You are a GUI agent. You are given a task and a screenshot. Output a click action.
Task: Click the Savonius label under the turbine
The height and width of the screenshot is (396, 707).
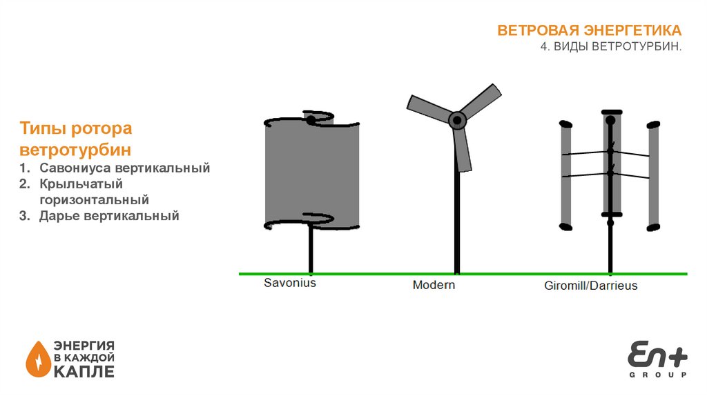pyautogui.click(x=290, y=283)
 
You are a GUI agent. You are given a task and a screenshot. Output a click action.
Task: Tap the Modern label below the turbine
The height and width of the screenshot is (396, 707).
pyautogui.click(x=434, y=284)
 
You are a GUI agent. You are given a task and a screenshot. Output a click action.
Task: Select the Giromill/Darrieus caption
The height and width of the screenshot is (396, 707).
pyautogui.click(x=590, y=285)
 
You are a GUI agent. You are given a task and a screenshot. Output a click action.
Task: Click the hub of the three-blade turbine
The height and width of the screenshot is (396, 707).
pyautogui.click(x=457, y=121)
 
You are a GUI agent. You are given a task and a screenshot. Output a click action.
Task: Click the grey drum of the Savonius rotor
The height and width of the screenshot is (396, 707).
pyautogui.click(x=312, y=172)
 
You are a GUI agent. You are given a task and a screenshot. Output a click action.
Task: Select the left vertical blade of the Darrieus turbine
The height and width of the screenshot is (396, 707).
pyautogui.click(x=566, y=175)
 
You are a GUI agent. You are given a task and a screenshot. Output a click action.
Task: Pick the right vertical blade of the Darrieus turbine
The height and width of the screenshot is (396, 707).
pyautogui.click(x=653, y=175)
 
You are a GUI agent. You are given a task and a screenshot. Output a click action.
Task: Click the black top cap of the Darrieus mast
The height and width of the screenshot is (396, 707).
pyautogui.click(x=611, y=112)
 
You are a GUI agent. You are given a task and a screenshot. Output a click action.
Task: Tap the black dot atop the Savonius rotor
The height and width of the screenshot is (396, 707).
pyautogui.click(x=311, y=121)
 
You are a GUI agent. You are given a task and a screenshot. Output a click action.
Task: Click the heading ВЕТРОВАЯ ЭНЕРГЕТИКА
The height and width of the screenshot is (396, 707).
pyautogui.click(x=590, y=30)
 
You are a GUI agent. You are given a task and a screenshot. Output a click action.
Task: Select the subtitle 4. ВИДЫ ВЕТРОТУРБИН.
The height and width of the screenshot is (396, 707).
pyautogui.click(x=611, y=46)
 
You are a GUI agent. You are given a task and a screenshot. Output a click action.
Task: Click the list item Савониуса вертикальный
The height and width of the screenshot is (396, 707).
pyautogui.click(x=124, y=168)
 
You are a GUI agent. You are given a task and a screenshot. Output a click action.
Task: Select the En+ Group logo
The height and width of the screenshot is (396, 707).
pyautogui.click(x=657, y=359)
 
